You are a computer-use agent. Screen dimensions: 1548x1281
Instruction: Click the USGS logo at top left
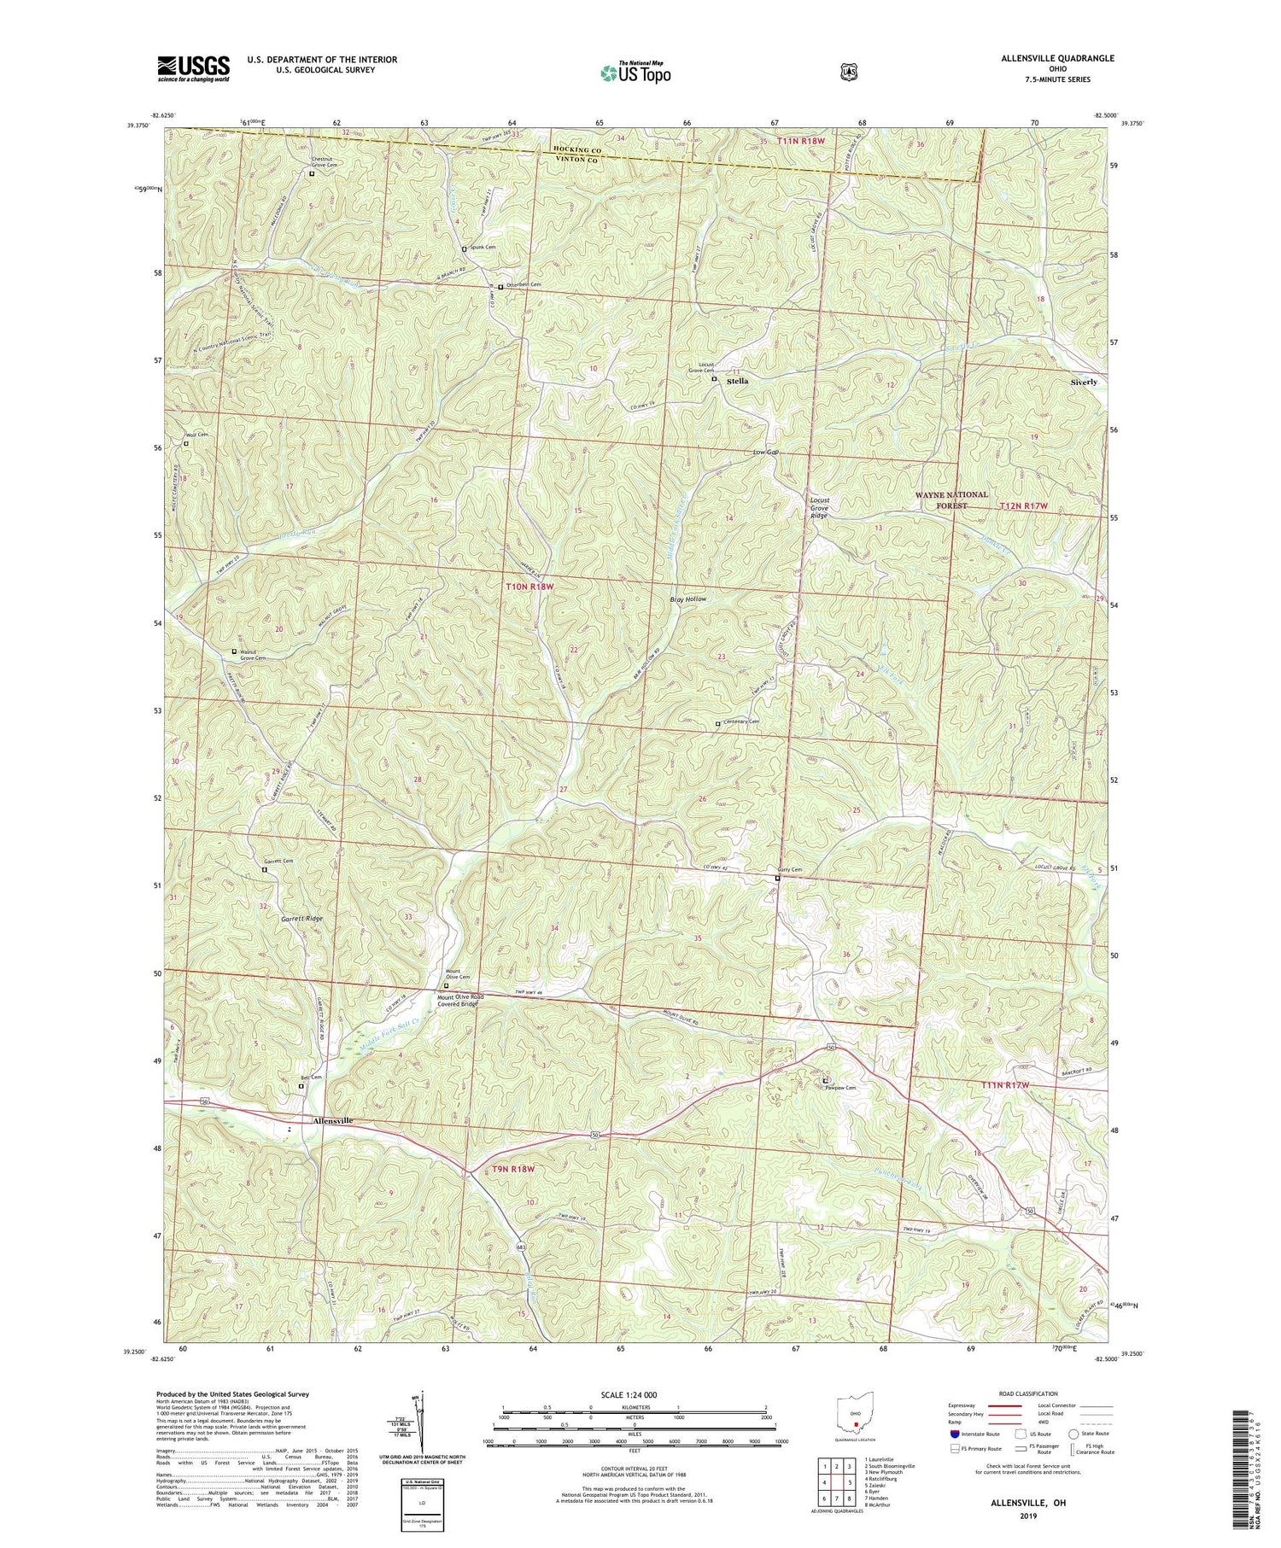pyautogui.click(x=193, y=68)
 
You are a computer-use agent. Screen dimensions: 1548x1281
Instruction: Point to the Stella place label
pyautogui.click(x=737, y=382)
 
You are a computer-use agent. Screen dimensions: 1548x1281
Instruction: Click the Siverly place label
pyautogui.click(x=1084, y=382)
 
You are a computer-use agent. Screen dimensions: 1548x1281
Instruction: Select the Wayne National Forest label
pyautogui.click(x=951, y=499)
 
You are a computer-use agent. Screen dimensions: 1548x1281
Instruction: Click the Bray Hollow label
pyautogui.click(x=687, y=599)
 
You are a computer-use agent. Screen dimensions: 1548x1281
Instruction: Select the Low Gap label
pyautogui.click(x=766, y=452)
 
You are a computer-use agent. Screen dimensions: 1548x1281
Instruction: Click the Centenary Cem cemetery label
pyautogui.click(x=741, y=722)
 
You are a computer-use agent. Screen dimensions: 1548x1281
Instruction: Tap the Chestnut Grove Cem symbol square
pyautogui.click(x=312, y=173)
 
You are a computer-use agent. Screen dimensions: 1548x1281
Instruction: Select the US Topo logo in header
pyautogui.click(x=635, y=73)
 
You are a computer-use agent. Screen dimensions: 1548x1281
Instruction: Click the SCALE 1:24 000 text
pyautogui.click(x=634, y=1394)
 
